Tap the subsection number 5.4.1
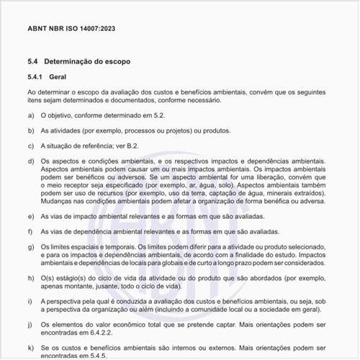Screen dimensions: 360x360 35,77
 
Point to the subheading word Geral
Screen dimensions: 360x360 58,77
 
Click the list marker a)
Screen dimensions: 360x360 31,114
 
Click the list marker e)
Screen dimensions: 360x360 31,216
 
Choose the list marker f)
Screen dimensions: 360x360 31,232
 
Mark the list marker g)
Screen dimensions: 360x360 31,248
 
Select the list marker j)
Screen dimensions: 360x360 31,325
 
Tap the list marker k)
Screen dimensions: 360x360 31,348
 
